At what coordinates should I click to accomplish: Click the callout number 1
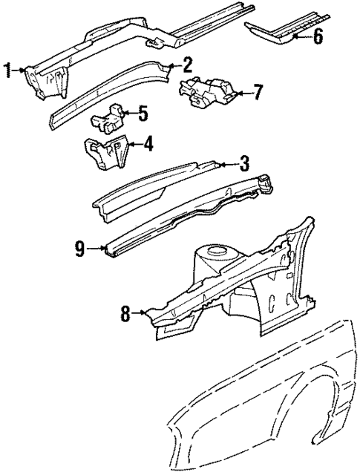(x=8, y=71)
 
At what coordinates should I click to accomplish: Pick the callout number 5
(x=143, y=114)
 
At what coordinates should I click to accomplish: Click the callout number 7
(x=258, y=94)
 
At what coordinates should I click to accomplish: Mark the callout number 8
(x=126, y=315)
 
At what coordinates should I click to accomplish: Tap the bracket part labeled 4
(x=104, y=152)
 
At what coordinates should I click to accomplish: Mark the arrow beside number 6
(x=303, y=35)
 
